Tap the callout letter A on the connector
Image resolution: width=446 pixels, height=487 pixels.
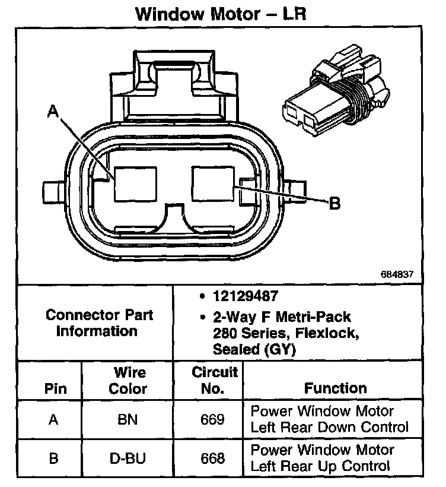coord(53,111)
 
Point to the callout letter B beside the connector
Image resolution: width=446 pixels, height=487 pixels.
coord(334,204)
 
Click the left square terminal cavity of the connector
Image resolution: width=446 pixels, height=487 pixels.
coord(135,184)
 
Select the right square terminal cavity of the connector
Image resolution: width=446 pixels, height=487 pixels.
coord(212,184)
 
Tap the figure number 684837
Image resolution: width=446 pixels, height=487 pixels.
coord(397,275)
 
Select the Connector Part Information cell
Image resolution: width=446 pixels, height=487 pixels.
coord(98,322)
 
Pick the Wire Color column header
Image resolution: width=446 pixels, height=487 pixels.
coord(130,381)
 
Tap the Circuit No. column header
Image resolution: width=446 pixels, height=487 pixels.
coord(215,381)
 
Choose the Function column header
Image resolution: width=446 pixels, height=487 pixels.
coord(336,388)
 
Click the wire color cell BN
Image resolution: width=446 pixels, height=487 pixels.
coord(128,420)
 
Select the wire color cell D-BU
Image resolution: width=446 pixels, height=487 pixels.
coord(129,458)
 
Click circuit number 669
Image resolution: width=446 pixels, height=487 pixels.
coord(213,420)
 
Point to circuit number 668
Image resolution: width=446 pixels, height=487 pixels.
coord(213,458)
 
